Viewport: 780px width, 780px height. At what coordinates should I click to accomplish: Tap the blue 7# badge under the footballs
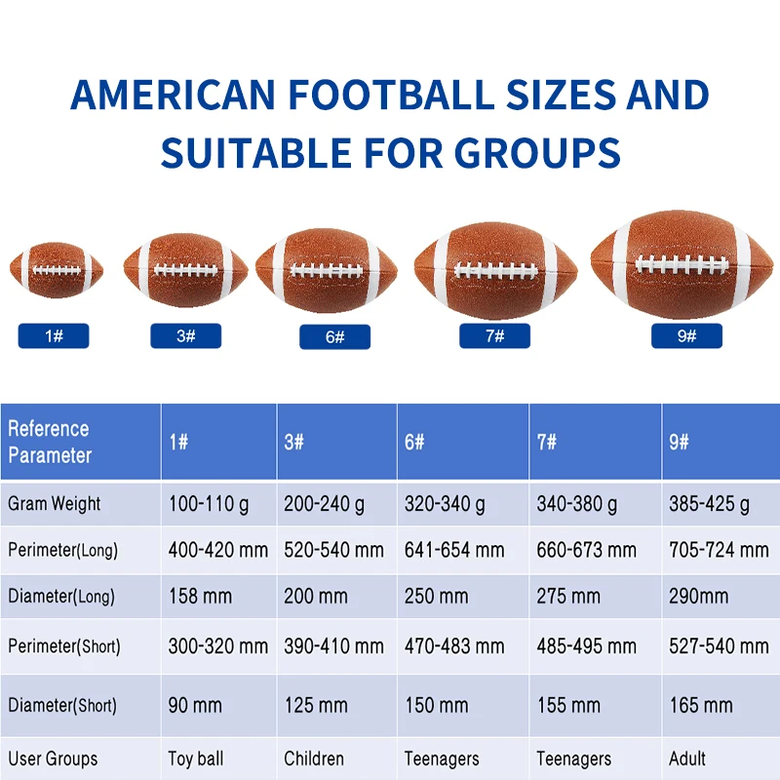494,336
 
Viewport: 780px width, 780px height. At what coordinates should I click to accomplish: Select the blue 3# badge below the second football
185,336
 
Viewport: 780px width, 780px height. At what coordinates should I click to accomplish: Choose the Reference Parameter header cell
80,442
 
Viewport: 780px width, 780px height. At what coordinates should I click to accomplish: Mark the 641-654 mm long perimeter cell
454,551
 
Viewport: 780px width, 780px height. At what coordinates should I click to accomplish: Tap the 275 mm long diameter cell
568,597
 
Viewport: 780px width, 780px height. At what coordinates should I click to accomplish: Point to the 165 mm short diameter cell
700,705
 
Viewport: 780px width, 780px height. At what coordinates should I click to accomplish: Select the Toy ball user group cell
196,758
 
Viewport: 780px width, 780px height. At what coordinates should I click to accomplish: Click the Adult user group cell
687,758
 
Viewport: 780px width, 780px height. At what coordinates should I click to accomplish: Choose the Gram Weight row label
55,505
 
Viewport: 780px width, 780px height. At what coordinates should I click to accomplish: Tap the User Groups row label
53,758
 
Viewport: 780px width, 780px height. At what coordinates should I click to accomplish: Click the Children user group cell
314,758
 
